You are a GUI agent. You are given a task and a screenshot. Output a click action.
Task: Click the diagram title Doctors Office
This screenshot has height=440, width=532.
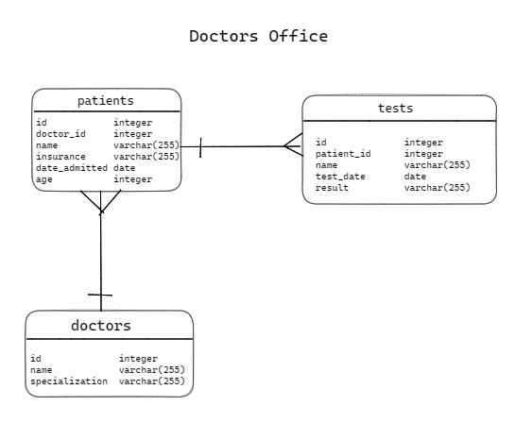pyautogui.click(x=258, y=37)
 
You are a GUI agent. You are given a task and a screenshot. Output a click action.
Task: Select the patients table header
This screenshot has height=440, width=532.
pyautogui.click(x=105, y=100)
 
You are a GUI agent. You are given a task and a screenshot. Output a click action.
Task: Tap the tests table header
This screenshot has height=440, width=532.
pyautogui.click(x=395, y=108)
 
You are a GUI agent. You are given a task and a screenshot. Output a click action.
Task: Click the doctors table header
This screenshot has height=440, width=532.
pyautogui.click(x=101, y=326)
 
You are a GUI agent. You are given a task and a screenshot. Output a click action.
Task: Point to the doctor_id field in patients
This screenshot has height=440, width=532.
pyautogui.click(x=60, y=134)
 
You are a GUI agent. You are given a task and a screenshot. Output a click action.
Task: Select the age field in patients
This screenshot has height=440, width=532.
pyautogui.click(x=43, y=179)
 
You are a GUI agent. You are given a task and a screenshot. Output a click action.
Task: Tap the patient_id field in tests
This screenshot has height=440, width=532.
pyautogui.click(x=343, y=154)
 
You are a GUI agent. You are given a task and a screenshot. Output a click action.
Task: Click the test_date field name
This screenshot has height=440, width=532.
pyautogui.click(x=340, y=177)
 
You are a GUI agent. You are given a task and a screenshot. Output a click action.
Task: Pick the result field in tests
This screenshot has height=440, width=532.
pyautogui.click(x=332, y=188)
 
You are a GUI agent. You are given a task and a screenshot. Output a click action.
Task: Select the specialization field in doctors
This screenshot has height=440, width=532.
pyautogui.click(x=69, y=381)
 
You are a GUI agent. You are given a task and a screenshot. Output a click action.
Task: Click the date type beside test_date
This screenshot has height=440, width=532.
pyautogui.click(x=415, y=177)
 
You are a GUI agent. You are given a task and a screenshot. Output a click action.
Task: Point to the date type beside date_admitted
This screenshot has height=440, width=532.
pyautogui.click(x=124, y=168)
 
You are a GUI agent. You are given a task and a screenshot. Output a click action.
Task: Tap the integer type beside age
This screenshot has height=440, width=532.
pyautogui.click(x=132, y=179)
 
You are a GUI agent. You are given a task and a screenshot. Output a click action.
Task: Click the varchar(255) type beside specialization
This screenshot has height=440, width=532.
pyautogui.click(x=151, y=381)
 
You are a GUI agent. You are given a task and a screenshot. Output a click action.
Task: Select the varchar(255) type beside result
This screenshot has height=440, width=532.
pyautogui.click(x=437, y=188)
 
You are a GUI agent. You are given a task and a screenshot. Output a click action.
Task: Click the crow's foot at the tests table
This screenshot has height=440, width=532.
pyautogui.click(x=293, y=146)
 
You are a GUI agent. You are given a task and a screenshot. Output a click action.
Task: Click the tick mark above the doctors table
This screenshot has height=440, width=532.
pyautogui.click(x=100, y=296)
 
